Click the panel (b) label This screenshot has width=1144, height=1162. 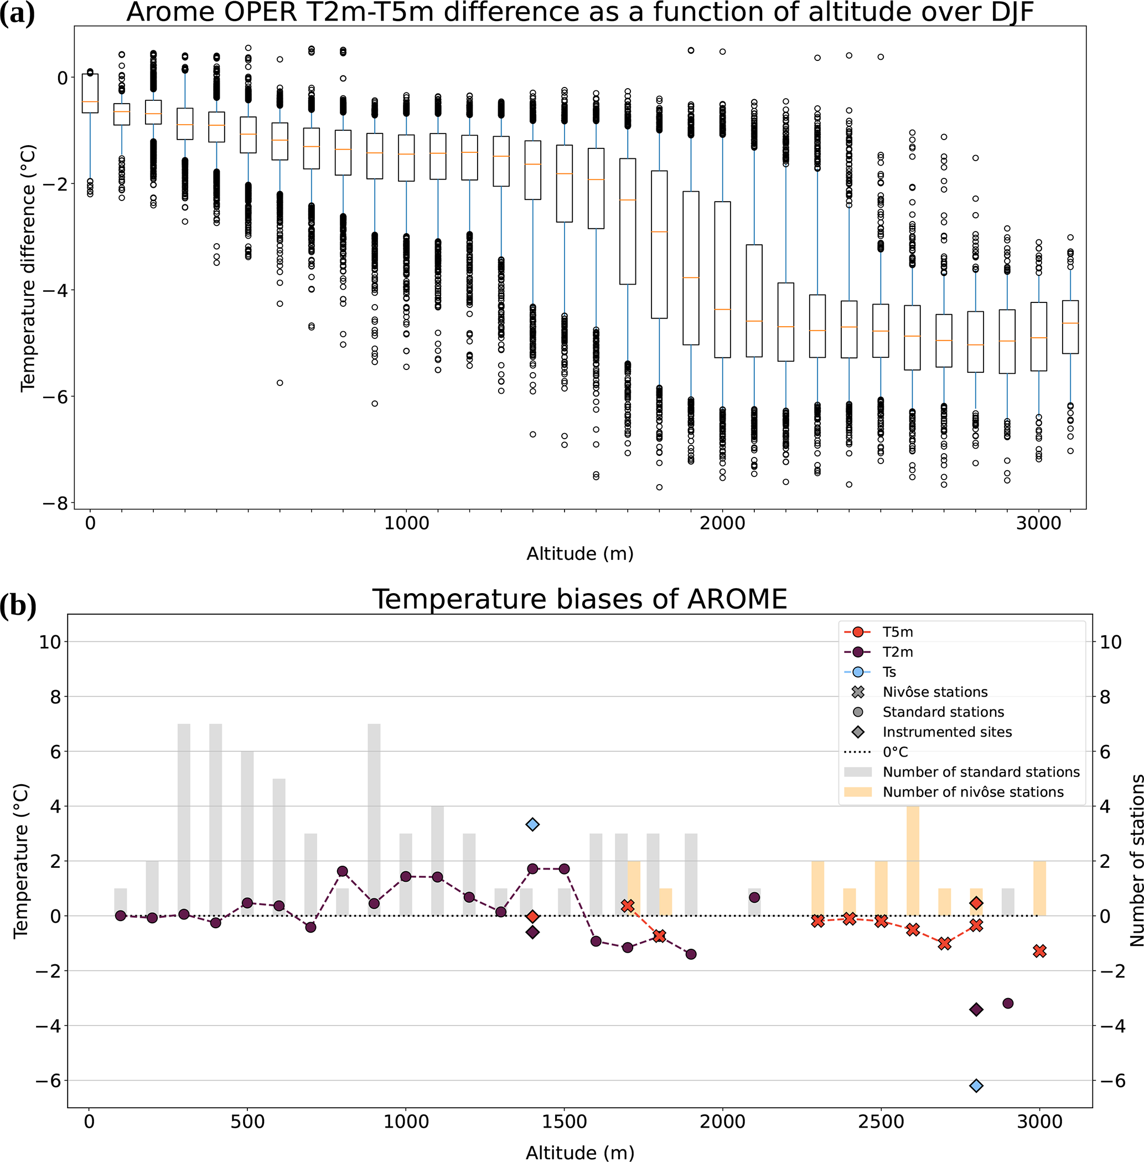[x=19, y=605]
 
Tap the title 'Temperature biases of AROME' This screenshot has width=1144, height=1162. [x=579, y=599]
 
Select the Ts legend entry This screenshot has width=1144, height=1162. [x=889, y=672]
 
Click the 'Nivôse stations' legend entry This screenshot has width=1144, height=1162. [x=934, y=692]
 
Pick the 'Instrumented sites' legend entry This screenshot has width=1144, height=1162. [x=946, y=732]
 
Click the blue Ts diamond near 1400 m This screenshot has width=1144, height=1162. [x=532, y=824]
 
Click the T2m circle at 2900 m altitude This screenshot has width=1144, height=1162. [x=1008, y=1003]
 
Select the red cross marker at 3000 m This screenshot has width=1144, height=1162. [x=1040, y=951]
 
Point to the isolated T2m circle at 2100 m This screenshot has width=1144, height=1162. [x=755, y=897]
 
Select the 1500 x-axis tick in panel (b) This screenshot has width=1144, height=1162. [x=564, y=1122]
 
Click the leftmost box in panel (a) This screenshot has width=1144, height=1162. [x=90, y=93]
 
